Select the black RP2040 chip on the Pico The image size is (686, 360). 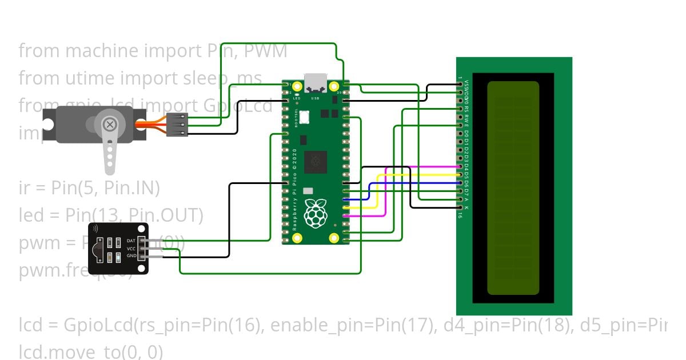(x=316, y=162)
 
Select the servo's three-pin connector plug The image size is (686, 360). (x=177, y=125)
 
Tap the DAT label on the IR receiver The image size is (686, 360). (x=131, y=241)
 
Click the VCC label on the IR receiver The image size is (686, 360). (x=131, y=249)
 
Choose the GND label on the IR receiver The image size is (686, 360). (x=131, y=257)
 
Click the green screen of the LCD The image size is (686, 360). (x=513, y=188)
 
